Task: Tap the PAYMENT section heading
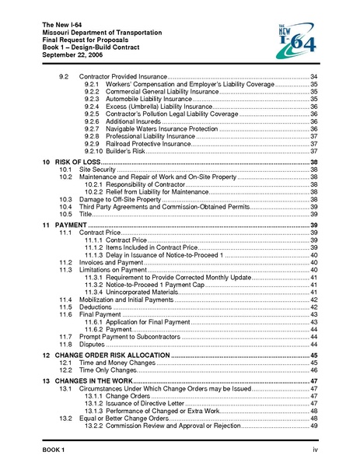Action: tap(71, 223)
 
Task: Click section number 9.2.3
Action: tap(93, 100)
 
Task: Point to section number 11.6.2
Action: tap(93, 328)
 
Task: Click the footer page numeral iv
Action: tap(315, 450)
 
